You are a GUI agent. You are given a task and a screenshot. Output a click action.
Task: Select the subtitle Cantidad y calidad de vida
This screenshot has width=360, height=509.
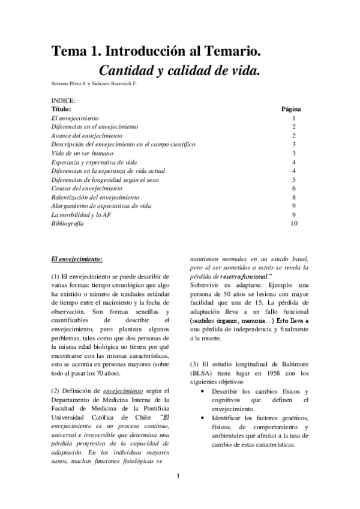coord(179,70)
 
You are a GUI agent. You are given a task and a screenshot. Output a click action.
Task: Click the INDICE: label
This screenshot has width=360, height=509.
coord(63,101)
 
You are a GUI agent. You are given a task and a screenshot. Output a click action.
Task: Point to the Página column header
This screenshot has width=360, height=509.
coord(291,109)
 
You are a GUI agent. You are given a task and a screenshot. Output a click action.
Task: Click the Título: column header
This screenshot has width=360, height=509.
coord(61,109)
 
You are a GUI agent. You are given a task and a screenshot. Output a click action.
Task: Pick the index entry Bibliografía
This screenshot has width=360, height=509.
coord(67,223)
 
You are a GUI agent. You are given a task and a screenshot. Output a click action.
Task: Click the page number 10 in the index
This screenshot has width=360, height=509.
coord(293,223)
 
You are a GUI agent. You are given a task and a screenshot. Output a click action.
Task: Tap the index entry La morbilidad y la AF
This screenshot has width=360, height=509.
coord(80,214)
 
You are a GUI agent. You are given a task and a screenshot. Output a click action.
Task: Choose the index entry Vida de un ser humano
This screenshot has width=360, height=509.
coord(82,153)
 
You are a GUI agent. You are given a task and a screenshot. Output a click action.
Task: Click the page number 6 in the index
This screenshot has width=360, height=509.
coord(293,188)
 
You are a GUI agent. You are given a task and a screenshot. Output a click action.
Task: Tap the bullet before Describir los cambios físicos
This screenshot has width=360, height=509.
coord(205,391)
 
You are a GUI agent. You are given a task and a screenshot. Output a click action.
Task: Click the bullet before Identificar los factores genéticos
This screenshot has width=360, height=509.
coord(205,417)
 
